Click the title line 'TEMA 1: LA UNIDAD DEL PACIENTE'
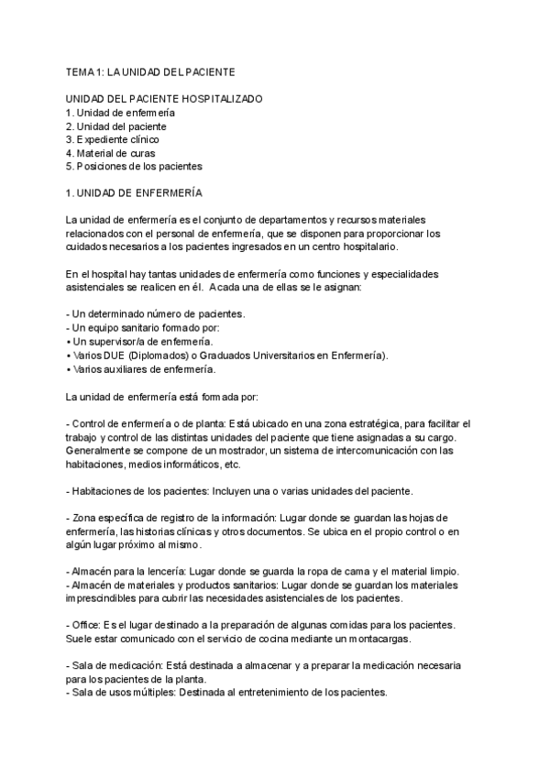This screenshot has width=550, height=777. coord(150,71)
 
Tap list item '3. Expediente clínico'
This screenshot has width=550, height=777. coord(112,139)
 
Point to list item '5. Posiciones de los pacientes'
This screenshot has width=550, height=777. coord(134,167)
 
